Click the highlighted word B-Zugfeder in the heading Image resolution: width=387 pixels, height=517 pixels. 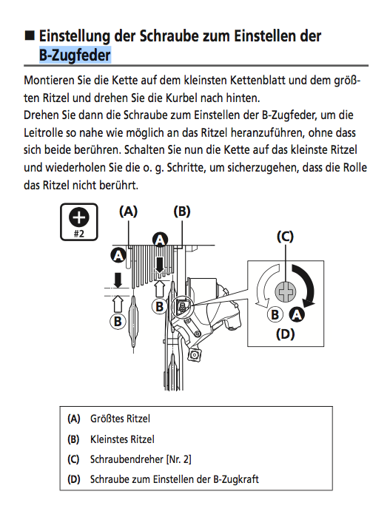(x=75, y=55)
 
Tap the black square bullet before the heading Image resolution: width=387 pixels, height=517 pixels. (x=30, y=35)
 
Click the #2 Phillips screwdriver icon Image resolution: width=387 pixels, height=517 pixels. (x=79, y=222)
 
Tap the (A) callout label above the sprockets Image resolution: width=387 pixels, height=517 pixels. (x=128, y=212)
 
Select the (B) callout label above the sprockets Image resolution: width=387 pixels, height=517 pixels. (x=182, y=212)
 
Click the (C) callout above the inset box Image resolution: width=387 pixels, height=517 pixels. (x=286, y=237)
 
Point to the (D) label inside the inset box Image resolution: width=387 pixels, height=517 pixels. (x=286, y=334)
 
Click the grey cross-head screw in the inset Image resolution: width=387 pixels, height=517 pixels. (x=286, y=291)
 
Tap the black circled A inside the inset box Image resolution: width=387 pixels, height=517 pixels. (x=297, y=314)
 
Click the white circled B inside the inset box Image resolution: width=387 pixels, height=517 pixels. (x=275, y=314)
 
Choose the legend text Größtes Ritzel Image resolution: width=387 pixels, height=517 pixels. (x=120, y=419)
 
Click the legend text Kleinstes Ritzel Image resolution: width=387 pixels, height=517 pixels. (x=122, y=439)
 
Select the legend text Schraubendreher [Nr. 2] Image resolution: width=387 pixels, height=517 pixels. (x=141, y=459)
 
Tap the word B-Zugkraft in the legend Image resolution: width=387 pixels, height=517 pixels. (x=236, y=479)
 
